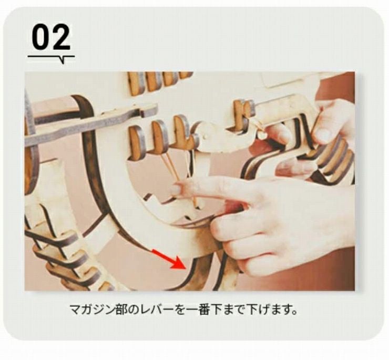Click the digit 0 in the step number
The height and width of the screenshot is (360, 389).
pyautogui.click(x=41, y=37)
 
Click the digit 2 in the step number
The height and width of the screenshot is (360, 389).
pyautogui.click(x=61, y=37)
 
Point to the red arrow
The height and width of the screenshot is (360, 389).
pyautogui.click(x=169, y=259)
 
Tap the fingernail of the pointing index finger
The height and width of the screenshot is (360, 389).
pyautogui.click(x=176, y=189)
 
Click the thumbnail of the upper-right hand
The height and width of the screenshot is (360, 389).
pyautogui.click(x=323, y=135)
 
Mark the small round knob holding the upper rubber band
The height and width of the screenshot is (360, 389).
pyautogui.click(x=261, y=135)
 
